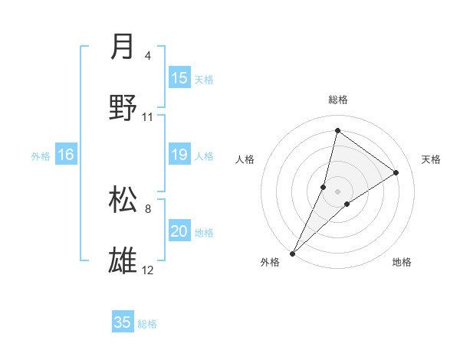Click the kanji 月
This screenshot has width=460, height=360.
click(x=123, y=47)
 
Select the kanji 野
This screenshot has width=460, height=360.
click(x=123, y=108)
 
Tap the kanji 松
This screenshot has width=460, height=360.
click(x=123, y=198)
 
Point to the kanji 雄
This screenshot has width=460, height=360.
click(x=123, y=260)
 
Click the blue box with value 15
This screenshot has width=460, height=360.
click(x=179, y=78)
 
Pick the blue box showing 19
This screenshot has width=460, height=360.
click(x=179, y=155)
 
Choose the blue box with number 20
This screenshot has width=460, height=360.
click(x=179, y=231)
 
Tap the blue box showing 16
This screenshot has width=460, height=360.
click(x=66, y=155)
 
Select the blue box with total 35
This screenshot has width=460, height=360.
click(x=123, y=322)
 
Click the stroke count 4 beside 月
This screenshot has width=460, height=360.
click(x=147, y=56)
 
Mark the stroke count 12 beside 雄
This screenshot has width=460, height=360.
click(x=147, y=270)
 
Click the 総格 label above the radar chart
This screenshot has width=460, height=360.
click(x=337, y=100)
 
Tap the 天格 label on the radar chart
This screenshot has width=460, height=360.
click(x=431, y=159)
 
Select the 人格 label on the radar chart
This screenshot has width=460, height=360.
click(x=245, y=159)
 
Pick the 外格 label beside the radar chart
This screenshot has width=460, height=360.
click(x=270, y=262)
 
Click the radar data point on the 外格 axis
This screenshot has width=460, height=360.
click(x=292, y=253)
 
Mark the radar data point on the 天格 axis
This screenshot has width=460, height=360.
click(x=396, y=172)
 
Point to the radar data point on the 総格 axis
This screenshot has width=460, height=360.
click(x=337, y=130)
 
